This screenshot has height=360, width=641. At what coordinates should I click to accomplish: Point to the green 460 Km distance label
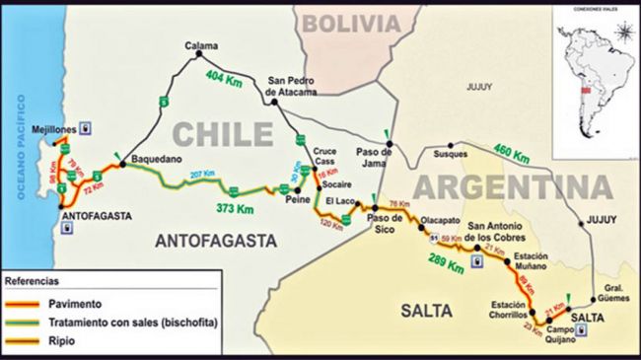click(512, 156)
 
